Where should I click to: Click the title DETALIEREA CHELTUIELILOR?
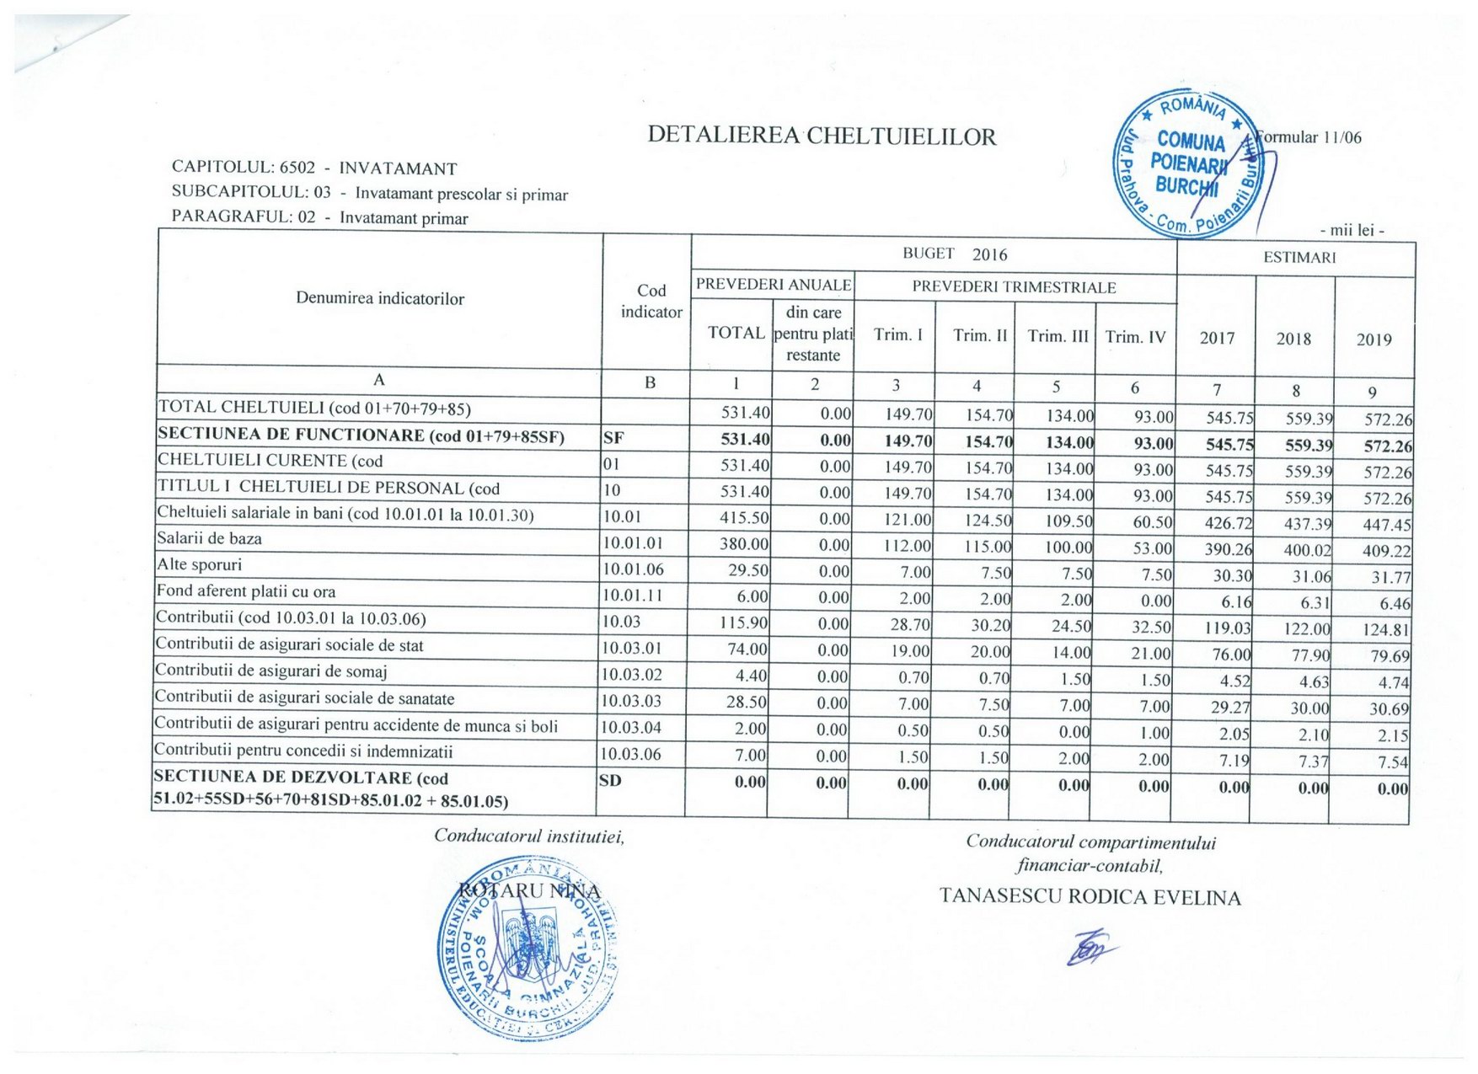click(x=822, y=136)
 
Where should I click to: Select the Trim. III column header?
click(x=1058, y=336)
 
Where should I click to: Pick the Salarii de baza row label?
click(x=209, y=539)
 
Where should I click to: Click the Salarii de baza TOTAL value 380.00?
click(x=743, y=545)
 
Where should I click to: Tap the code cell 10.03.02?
click(x=632, y=675)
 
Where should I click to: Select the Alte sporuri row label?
click(x=199, y=565)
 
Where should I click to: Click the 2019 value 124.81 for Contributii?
click(x=1386, y=629)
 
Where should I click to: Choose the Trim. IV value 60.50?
click(x=1152, y=522)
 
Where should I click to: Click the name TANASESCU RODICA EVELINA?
click(x=1090, y=897)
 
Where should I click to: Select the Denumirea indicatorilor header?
click(x=380, y=299)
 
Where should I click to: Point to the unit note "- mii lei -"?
click(x=1352, y=230)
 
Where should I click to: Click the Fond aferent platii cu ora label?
click(x=246, y=592)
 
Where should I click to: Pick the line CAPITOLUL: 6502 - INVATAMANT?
click(x=314, y=168)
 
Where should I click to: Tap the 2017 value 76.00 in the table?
click(x=1231, y=655)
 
